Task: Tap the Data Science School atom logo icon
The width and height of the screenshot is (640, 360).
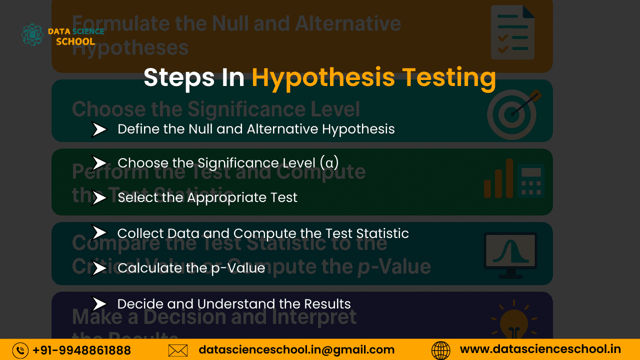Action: click(x=32, y=34)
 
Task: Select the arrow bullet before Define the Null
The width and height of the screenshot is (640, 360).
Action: click(x=99, y=129)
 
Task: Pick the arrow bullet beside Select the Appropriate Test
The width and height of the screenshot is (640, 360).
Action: click(x=99, y=198)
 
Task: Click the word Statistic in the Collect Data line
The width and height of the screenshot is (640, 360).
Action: click(x=382, y=233)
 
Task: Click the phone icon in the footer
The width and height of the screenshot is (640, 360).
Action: click(x=20, y=350)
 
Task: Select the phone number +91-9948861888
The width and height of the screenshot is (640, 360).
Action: click(x=81, y=350)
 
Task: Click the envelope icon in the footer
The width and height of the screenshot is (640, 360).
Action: click(x=178, y=350)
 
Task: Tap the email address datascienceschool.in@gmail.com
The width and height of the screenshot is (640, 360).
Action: click(x=296, y=350)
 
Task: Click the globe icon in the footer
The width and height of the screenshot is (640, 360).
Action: click(x=440, y=350)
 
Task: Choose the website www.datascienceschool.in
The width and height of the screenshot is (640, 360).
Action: click(x=540, y=349)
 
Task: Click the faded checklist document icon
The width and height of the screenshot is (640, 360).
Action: click(x=513, y=32)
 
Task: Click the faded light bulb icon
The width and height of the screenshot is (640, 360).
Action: click(x=513, y=320)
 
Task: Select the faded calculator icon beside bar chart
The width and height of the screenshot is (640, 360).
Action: click(x=530, y=180)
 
